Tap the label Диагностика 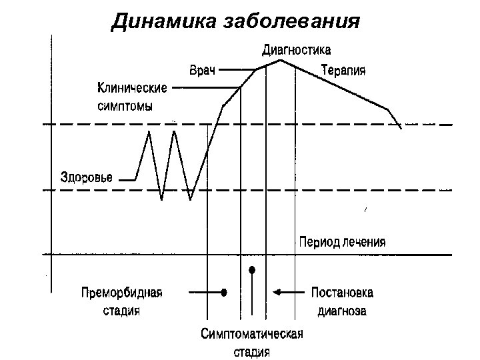pos(296,49)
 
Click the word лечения pos(363,242)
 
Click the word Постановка pos(342,293)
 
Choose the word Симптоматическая pos(252,334)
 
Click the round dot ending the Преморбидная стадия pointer pos(225,292)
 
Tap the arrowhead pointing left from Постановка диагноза pos(276,292)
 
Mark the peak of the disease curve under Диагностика pos(281,61)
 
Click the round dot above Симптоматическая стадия pos(252,270)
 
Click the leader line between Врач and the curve pos(236,69)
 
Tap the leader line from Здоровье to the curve pos(126,179)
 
